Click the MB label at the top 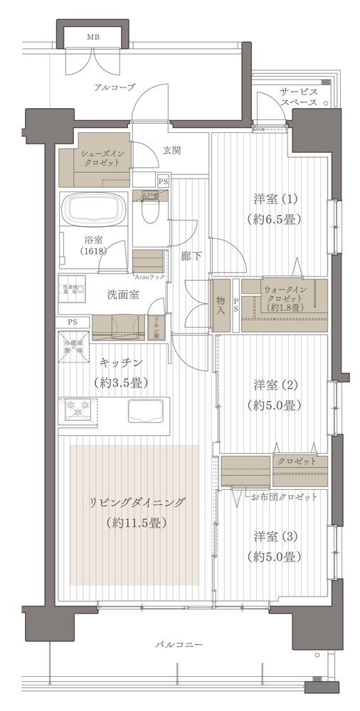[93, 37]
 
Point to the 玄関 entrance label [171, 150]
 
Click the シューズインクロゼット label [103, 157]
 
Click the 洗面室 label [105, 294]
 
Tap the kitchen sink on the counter [145, 412]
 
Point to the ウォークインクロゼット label [285, 299]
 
